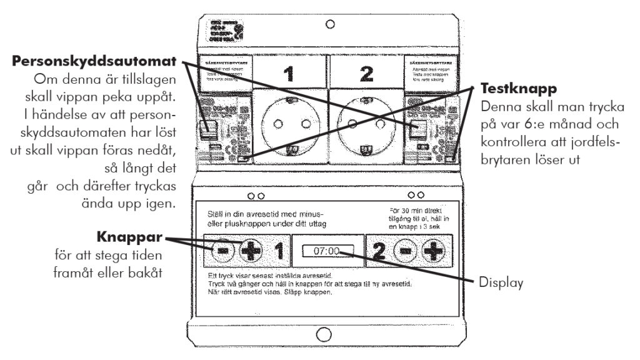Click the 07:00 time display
coord(326,251)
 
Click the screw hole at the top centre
coord(330,25)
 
